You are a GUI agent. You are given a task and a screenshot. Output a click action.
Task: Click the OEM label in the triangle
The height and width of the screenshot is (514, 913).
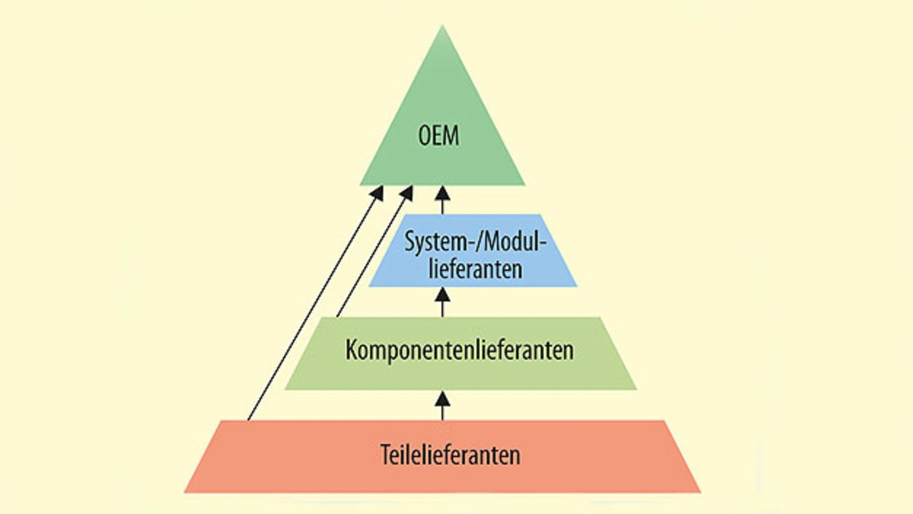[439, 135]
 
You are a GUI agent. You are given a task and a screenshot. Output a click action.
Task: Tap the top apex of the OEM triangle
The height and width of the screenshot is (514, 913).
[443, 26]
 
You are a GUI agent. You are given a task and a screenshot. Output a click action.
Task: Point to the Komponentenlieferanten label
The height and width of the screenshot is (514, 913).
[460, 351]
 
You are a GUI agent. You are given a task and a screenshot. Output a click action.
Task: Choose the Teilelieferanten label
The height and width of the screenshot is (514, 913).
[450, 455]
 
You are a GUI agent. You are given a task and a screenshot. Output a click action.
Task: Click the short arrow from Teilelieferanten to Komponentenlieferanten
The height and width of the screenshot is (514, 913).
[443, 405]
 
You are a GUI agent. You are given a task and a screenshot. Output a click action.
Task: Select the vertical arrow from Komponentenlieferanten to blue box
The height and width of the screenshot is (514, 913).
[443, 302]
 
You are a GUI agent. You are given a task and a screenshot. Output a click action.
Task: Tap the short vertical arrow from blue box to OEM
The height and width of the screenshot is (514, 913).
[443, 200]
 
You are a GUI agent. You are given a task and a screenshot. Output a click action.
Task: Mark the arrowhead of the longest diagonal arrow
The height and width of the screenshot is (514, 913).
[378, 192]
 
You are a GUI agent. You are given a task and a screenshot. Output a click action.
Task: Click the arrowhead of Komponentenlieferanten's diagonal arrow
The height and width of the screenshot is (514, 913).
[408, 192]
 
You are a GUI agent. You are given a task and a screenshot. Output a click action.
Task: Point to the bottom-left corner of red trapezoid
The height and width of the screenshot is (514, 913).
[185, 492]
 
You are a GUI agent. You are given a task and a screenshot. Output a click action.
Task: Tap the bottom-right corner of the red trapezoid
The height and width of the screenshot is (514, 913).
[700, 492]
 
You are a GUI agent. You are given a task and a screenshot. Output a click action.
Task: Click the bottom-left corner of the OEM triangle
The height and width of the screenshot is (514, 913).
[360, 185]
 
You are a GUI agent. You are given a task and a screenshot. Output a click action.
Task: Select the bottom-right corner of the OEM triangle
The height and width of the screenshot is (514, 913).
[525, 185]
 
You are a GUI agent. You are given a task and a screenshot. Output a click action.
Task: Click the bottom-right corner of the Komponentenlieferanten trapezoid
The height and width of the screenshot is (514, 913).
[636, 389]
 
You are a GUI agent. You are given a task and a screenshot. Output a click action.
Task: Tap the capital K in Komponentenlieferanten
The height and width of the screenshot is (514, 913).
[351, 351]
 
